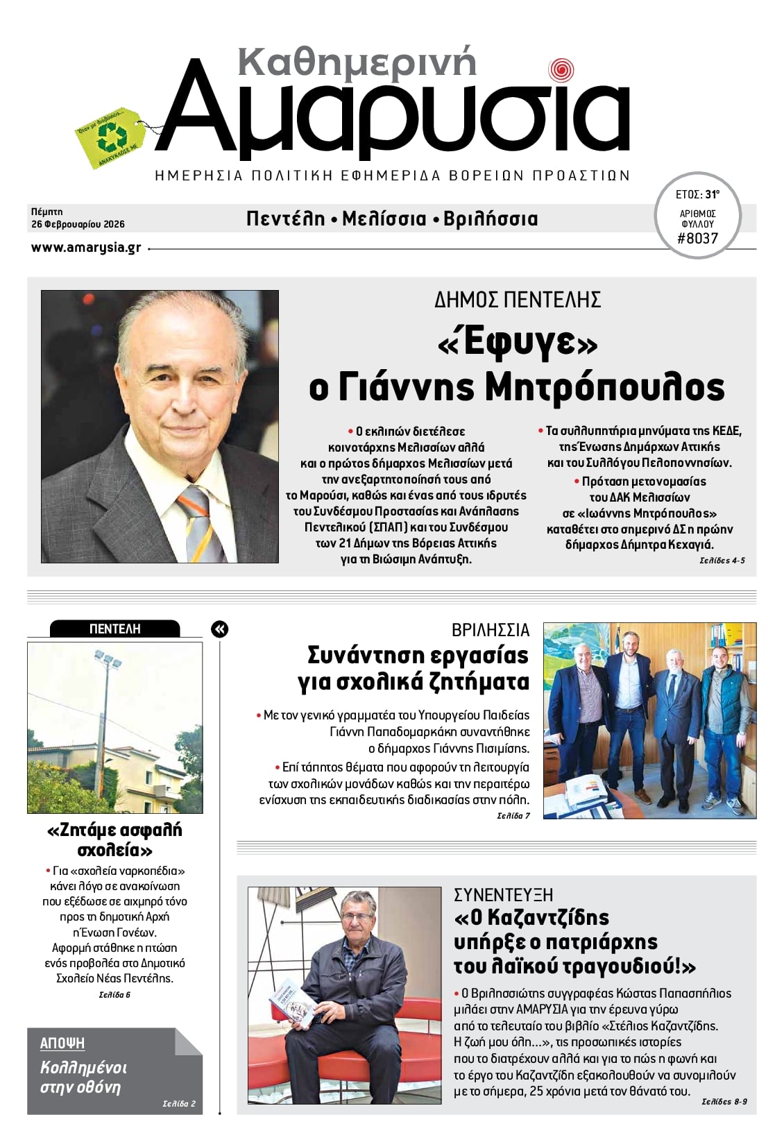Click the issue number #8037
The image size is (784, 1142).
coord(697,239)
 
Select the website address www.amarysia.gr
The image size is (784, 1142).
coord(86,248)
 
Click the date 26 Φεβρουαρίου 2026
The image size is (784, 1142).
coord(78,224)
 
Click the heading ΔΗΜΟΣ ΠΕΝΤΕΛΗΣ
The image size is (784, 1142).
coord(517,300)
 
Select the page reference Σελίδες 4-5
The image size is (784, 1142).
coord(722,560)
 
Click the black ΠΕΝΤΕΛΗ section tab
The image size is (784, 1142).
coord(115,629)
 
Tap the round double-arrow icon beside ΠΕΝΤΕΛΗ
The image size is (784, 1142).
coord(219,629)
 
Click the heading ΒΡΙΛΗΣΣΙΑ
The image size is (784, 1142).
coord(490,630)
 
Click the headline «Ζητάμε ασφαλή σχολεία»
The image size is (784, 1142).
coord(115,840)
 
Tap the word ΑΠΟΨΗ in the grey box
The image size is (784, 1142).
coord(62,1043)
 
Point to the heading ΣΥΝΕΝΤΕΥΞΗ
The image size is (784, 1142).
coord(503,894)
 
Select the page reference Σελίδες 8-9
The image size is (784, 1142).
coord(724,1101)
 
